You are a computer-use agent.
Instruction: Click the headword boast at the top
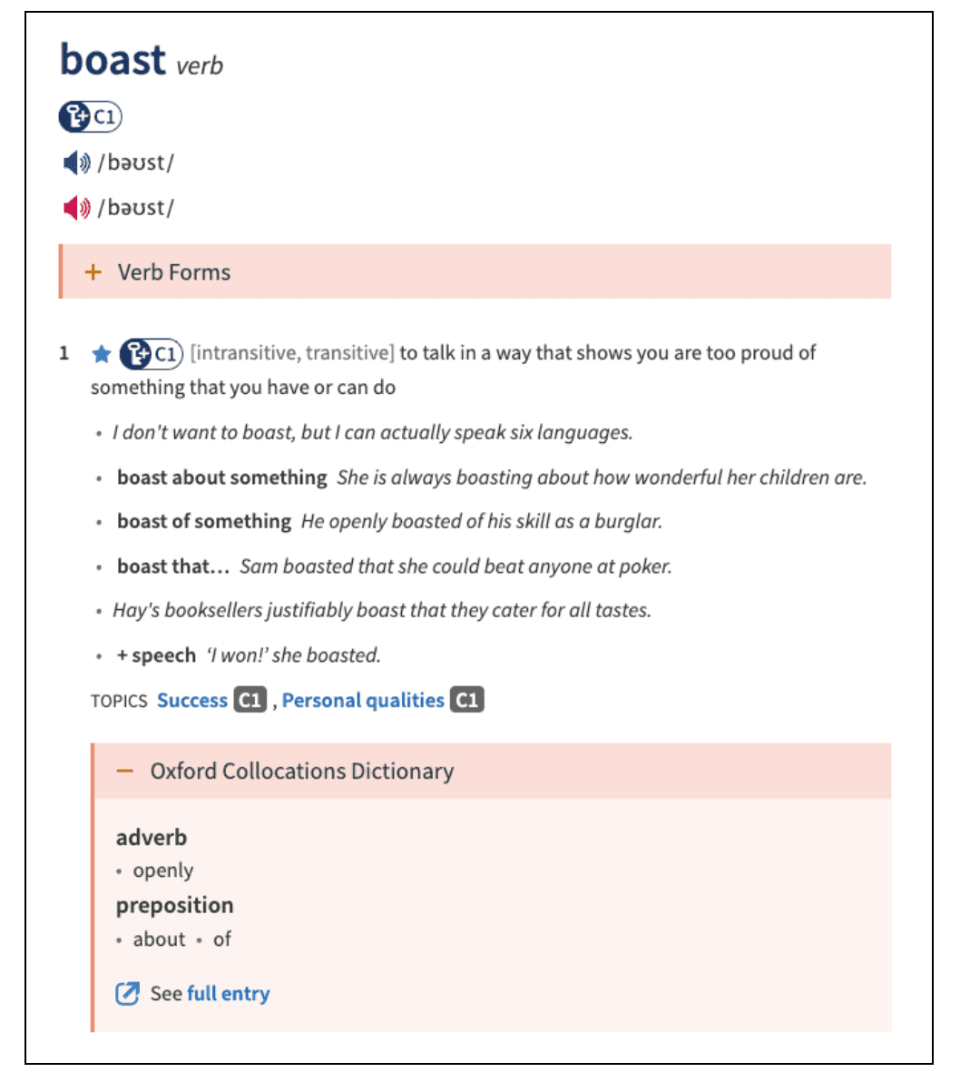click(x=113, y=60)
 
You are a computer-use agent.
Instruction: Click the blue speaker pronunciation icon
click(x=76, y=163)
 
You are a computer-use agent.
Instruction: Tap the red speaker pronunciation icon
click(x=76, y=208)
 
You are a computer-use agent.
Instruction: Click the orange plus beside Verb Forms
click(x=93, y=272)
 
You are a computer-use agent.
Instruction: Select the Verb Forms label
click(x=174, y=272)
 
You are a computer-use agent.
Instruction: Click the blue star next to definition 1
click(x=102, y=354)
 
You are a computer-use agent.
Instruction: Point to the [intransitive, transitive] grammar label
click(x=292, y=353)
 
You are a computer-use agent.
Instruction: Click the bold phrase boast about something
click(x=221, y=477)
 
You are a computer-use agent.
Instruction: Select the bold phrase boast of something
click(x=204, y=522)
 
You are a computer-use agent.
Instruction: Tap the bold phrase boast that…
click(x=173, y=566)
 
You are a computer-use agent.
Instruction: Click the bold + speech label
click(x=156, y=655)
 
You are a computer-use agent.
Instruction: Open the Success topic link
click(x=192, y=701)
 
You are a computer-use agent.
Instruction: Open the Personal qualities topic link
click(x=363, y=701)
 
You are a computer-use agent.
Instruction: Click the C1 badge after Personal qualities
click(x=467, y=701)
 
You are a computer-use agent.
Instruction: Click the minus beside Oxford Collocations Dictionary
click(x=125, y=772)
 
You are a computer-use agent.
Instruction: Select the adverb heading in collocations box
click(x=152, y=837)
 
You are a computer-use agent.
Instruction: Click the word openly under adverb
click(x=163, y=871)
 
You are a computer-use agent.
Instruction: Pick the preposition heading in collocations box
click(x=175, y=905)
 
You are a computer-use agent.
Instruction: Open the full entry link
click(x=228, y=994)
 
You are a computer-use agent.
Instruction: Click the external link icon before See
click(x=127, y=994)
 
